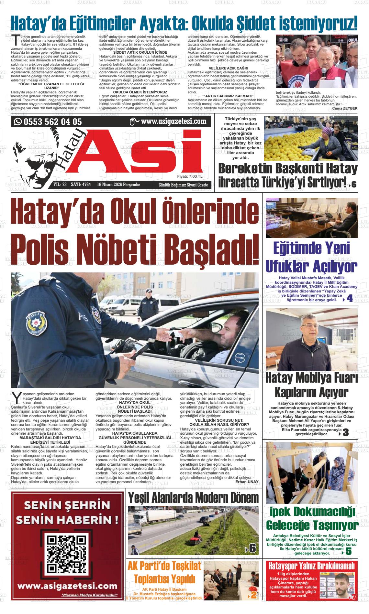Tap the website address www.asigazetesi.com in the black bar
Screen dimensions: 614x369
pos(173,122)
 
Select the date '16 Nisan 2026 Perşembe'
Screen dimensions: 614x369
pos(118,185)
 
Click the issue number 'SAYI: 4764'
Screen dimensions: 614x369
pos(81,185)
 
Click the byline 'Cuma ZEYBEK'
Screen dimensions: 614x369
pos(345,108)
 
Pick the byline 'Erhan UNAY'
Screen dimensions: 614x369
pos(247,482)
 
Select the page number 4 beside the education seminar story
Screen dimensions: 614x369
pos(349,299)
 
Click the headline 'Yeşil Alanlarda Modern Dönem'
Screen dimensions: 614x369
pos(193,498)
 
